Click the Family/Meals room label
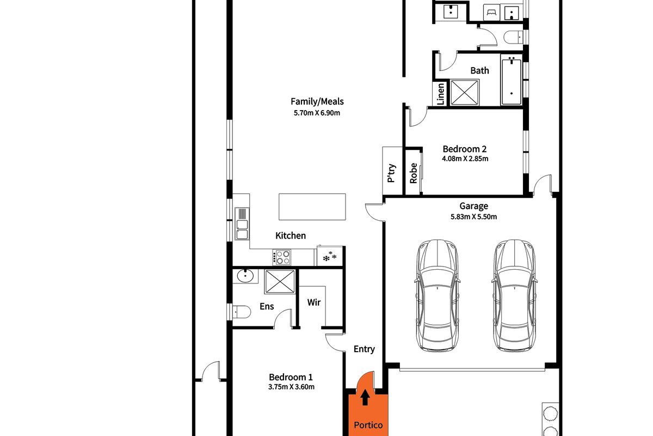tap(317, 101)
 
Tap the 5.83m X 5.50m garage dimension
tap(474, 217)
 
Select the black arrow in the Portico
tap(365, 397)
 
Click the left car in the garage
tap(438, 295)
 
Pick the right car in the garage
tap(515, 295)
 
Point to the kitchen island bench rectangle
tap(312, 207)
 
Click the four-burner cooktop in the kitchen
tap(282, 257)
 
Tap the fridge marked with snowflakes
tap(330, 256)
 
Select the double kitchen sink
tap(242, 223)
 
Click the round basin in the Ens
tap(245, 276)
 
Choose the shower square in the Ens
tap(280, 282)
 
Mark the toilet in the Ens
tap(241, 312)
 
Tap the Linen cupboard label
tap(441, 94)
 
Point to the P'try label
tap(391, 173)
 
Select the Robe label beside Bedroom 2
tap(414, 173)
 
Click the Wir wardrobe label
tap(314, 302)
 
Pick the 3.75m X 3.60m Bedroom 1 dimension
tap(291, 387)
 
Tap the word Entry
tap(364, 349)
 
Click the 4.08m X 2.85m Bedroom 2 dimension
tap(465, 159)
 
